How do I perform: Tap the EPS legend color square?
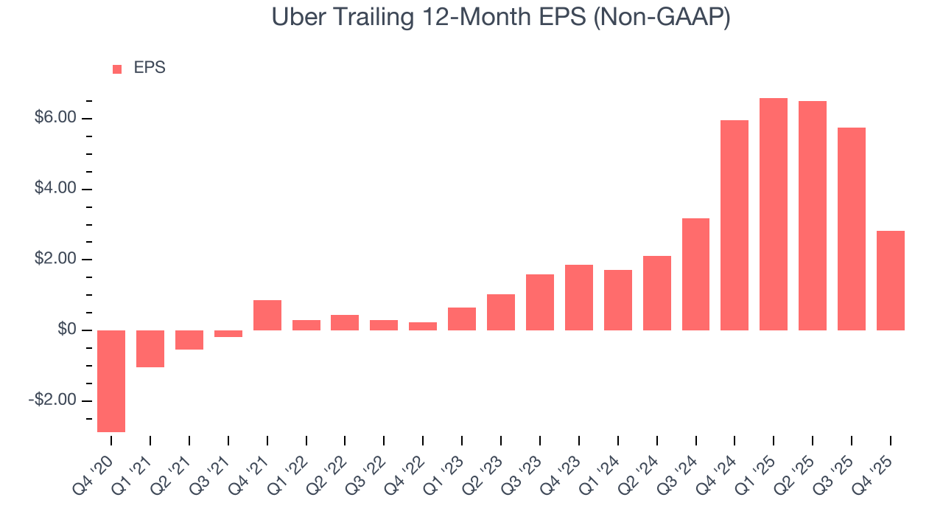(117, 69)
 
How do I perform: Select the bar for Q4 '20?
(111, 381)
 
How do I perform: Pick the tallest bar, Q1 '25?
(774, 214)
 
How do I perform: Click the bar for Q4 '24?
(735, 225)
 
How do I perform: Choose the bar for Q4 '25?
(890, 280)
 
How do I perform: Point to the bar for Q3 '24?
(695, 274)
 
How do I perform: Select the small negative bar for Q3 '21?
(228, 333)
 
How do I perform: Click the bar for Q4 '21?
(267, 315)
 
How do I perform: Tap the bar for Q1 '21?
(150, 348)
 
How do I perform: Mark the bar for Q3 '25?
(851, 229)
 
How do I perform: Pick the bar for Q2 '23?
(501, 312)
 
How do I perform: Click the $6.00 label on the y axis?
(55, 118)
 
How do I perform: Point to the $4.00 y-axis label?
(55, 189)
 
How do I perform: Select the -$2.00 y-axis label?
(53, 400)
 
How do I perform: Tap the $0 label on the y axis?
(67, 330)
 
